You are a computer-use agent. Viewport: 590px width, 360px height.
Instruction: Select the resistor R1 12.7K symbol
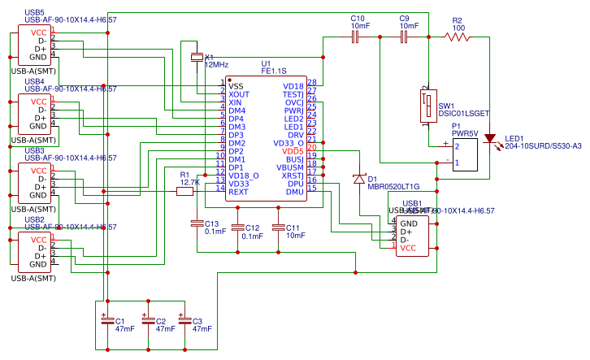click(184, 192)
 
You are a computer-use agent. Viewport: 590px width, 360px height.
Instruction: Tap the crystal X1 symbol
click(197, 57)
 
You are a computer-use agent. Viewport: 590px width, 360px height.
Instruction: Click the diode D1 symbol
click(358, 178)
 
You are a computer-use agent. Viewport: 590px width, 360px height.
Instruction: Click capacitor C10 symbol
click(355, 37)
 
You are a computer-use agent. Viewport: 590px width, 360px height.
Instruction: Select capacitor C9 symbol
click(403, 37)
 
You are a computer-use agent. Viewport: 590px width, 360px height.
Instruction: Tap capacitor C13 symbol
click(197, 222)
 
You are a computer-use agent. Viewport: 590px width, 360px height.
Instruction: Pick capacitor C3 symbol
click(184, 321)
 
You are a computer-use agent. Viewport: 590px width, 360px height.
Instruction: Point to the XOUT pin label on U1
click(239, 94)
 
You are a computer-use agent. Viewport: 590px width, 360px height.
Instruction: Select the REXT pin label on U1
click(238, 192)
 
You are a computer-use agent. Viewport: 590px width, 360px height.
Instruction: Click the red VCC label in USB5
click(38, 32)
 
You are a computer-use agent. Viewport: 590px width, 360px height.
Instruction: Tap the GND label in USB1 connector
click(409, 223)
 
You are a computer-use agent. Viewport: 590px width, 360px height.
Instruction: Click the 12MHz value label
click(216, 63)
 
